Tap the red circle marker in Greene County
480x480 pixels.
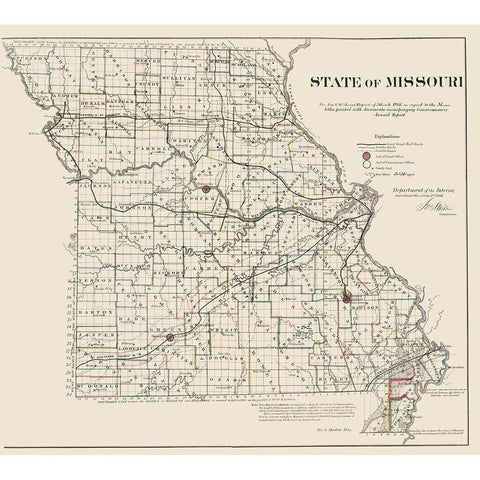pos(170,338)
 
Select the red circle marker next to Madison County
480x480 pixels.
pos(345,298)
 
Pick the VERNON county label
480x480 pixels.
pos(85,283)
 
